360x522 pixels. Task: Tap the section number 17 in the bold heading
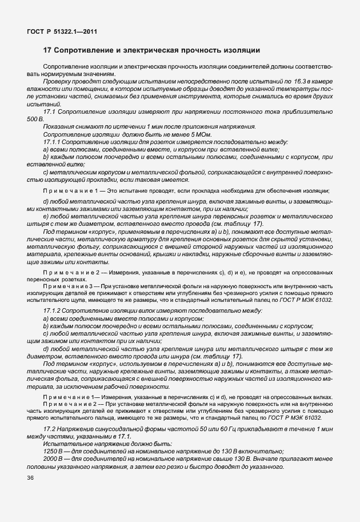pyautogui.click(x=47, y=50)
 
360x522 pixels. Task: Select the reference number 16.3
pyautogui.click(x=301, y=82)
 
